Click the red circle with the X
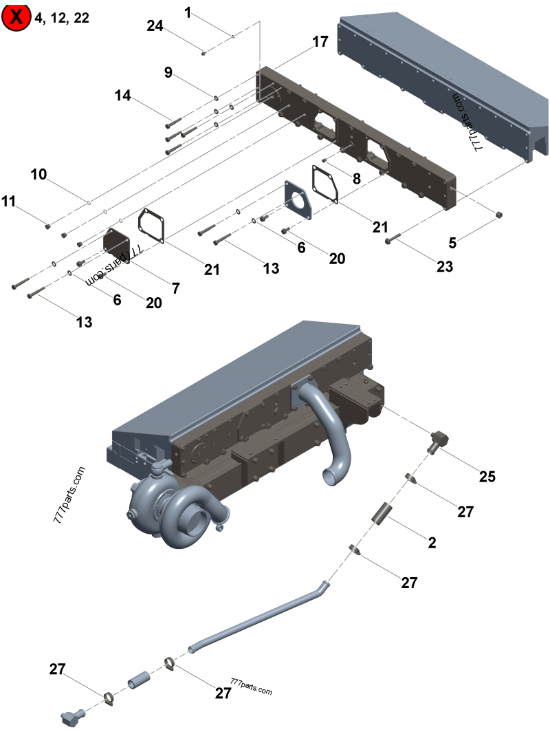[x=16, y=17]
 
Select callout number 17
[x=320, y=42]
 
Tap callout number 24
[x=155, y=25]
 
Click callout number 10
[x=38, y=174]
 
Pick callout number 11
[x=8, y=201]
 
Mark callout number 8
[x=356, y=178]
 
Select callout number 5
[x=452, y=242]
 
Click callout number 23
[x=444, y=266]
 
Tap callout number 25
[x=487, y=476]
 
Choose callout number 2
[x=432, y=543]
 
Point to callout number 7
[x=176, y=288]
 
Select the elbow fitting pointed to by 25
[x=438, y=440]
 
